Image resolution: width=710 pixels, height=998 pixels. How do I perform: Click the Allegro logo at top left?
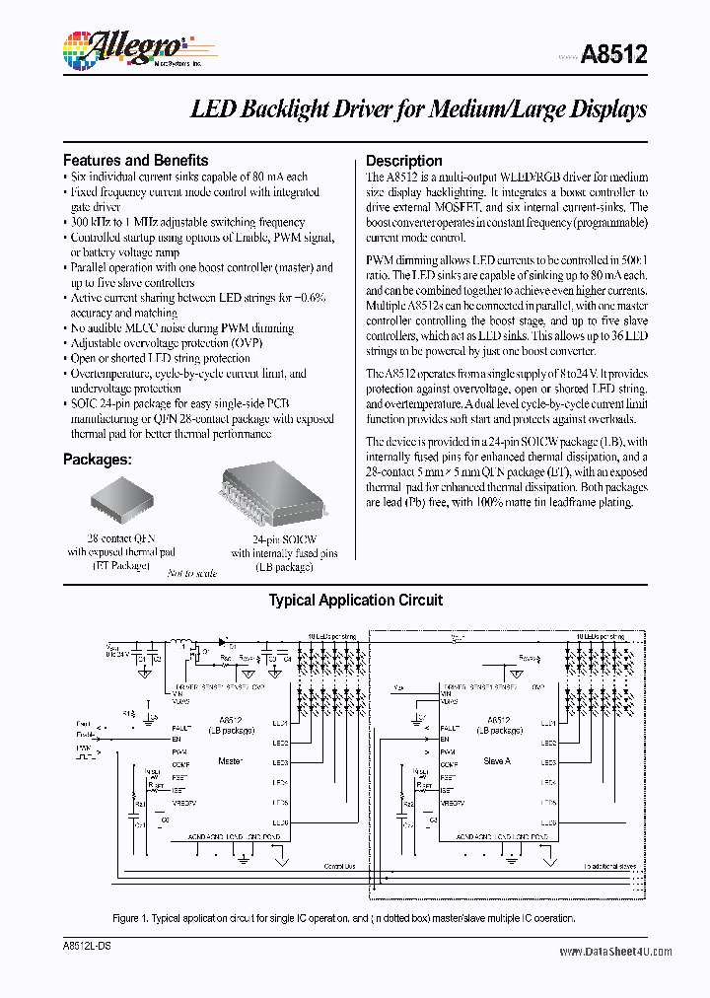(x=122, y=48)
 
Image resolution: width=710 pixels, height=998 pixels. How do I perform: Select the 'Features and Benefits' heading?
(x=135, y=160)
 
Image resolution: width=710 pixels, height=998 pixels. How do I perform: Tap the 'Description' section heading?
(x=403, y=161)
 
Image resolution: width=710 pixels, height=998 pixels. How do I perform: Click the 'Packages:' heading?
(x=98, y=460)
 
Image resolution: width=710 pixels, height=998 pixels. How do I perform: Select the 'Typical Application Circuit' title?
(x=355, y=600)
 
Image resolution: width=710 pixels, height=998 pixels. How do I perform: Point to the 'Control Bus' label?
(x=340, y=866)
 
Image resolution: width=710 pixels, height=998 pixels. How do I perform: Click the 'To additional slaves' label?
(x=608, y=866)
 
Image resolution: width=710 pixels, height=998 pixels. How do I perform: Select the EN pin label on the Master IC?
(x=176, y=738)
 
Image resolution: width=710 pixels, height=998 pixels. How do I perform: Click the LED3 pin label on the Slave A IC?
(x=548, y=762)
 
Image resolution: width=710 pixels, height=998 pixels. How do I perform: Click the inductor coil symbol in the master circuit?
(x=181, y=647)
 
